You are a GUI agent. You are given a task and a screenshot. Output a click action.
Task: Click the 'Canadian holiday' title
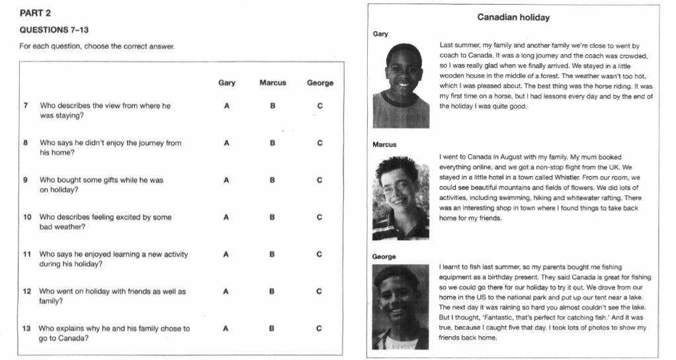click(513, 18)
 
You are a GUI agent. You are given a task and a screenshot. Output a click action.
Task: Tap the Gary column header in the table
click(227, 83)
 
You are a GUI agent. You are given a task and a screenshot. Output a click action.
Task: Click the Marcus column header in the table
click(273, 83)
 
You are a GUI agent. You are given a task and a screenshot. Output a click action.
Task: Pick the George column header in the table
click(320, 83)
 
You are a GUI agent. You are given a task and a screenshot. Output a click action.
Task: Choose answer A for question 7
click(227, 106)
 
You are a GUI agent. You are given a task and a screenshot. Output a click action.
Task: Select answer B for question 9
click(273, 180)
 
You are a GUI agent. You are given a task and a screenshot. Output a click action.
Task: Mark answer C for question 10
click(320, 217)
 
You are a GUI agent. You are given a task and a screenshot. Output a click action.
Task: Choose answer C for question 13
click(320, 328)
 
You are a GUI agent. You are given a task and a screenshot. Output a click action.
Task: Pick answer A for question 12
click(227, 291)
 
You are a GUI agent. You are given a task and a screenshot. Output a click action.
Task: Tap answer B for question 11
click(273, 254)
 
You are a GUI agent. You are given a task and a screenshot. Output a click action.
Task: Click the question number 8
click(25, 143)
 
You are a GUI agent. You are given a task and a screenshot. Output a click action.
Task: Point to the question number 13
click(26, 328)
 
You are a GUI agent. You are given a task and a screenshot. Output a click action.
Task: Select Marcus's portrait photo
click(401, 197)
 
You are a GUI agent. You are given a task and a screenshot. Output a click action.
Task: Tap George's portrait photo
click(401, 306)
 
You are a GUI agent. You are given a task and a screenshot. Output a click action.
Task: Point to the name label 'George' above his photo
click(384, 256)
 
